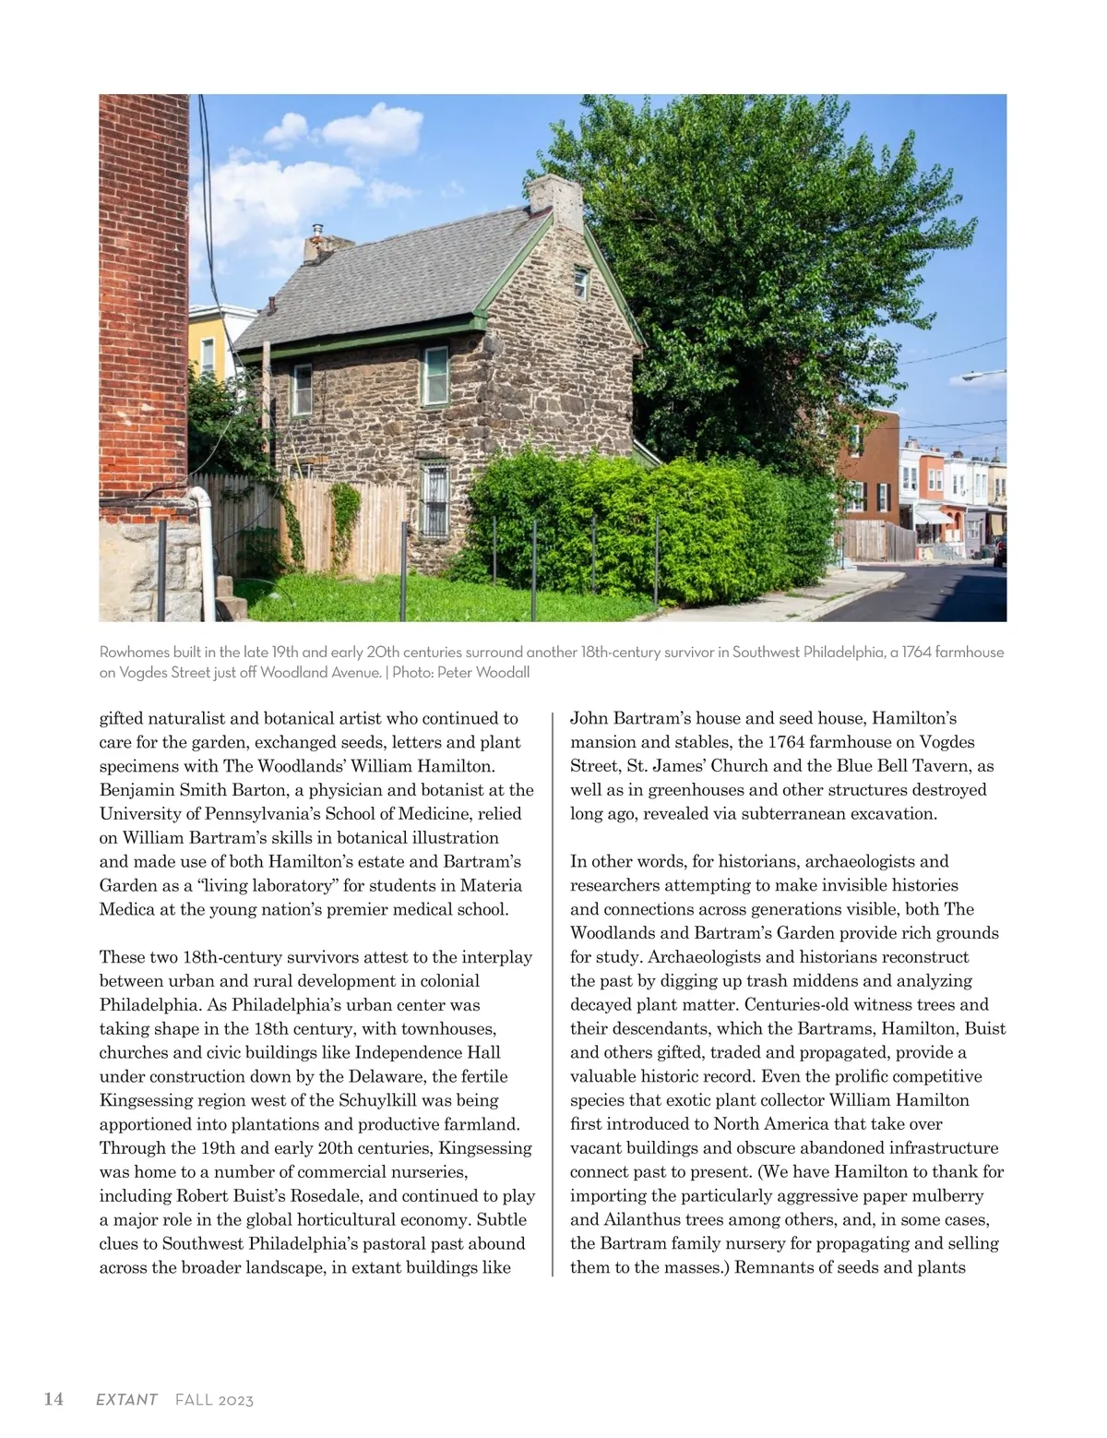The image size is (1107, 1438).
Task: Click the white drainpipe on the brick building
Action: [x=205, y=545]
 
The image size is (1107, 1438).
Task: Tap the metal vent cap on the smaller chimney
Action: [x=317, y=231]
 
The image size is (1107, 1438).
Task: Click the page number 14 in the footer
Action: [x=54, y=1399]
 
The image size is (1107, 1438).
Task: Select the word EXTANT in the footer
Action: [x=126, y=1400]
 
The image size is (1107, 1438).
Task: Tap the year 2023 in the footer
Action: [x=236, y=1400]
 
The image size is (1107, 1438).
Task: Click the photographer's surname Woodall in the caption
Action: [x=503, y=672]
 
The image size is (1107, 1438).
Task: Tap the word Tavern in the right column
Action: [x=940, y=765]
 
